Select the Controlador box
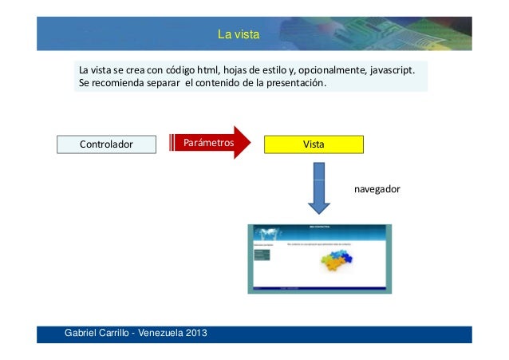(x=106, y=144)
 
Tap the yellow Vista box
(x=313, y=144)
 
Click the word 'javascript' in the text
(x=392, y=72)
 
